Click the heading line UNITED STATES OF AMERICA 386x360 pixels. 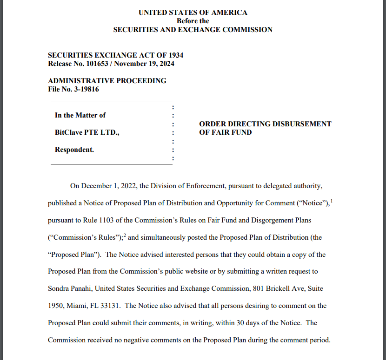(x=193, y=13)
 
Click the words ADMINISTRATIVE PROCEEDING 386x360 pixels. (x=107, y=81)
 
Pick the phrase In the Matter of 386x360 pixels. (x=80, y=115)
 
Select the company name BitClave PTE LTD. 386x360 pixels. (x=87, y=132)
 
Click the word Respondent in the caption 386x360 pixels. (x=74, y=150)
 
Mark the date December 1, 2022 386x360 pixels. (x=109, y=186)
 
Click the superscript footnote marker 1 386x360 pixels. (x=331, y=201)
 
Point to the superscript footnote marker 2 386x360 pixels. (x=125, y=235)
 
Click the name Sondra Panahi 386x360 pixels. (x=70, y=288)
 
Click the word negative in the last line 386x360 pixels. (x=122, y=340)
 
